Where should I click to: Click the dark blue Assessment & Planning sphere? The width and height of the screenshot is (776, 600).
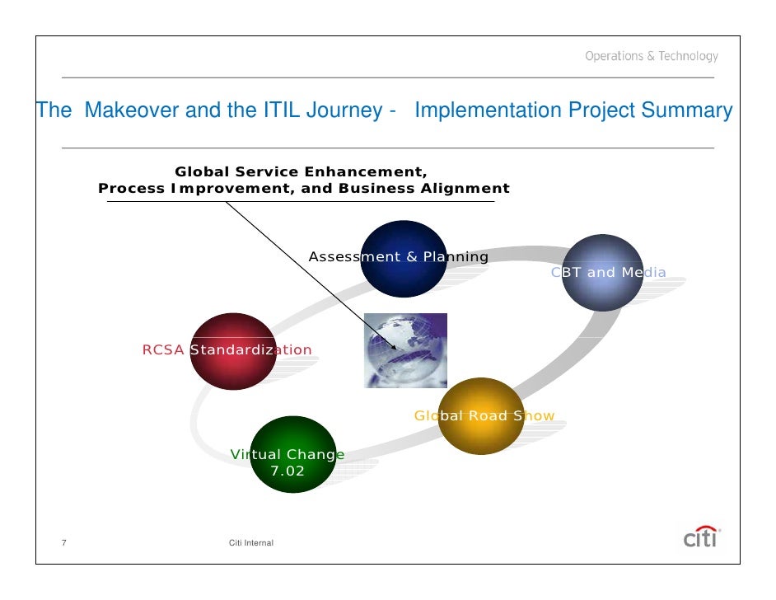[404, 259]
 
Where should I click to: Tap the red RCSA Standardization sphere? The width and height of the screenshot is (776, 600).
[232, 351]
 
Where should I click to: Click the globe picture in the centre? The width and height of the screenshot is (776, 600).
[405, 350]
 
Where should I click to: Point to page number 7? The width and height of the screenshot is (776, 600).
[64, 542]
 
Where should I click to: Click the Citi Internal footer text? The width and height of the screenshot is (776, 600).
[250, 542]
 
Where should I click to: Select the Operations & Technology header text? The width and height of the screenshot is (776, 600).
[651, 56]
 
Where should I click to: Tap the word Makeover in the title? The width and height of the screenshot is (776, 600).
[131, 110]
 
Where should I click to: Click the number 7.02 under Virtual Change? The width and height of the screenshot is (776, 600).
[287, 471]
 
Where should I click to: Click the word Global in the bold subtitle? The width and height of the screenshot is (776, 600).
[202, 171]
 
